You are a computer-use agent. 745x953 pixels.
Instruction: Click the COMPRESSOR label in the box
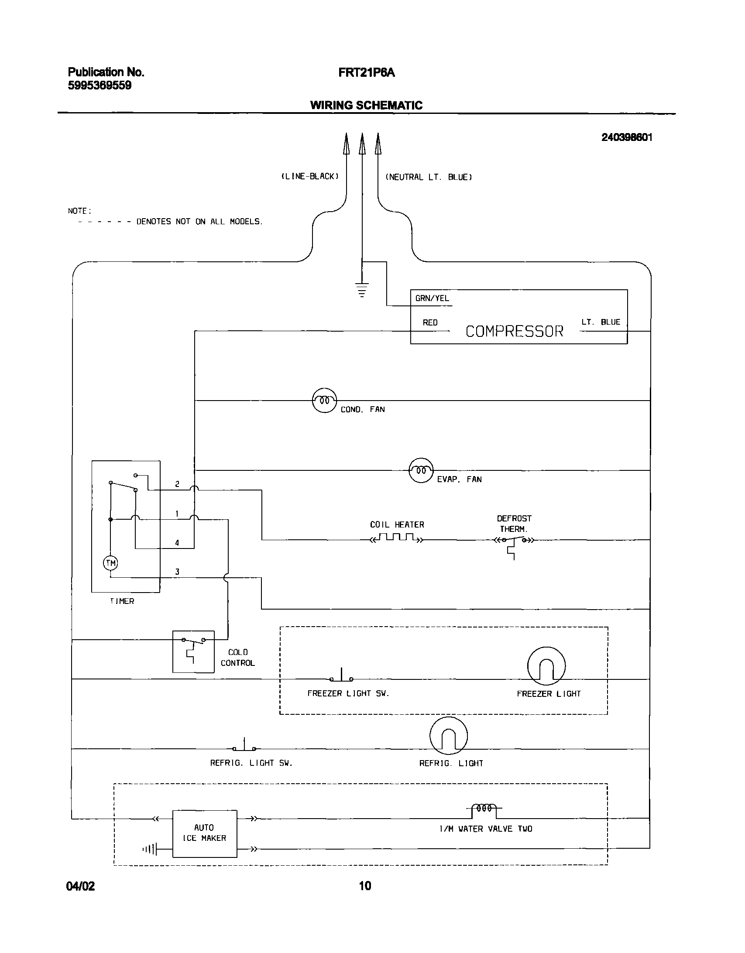(x=514, y=332)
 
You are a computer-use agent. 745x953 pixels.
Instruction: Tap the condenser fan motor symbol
(x=325, y=400)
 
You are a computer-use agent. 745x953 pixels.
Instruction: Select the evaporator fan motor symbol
(x=421, y=470)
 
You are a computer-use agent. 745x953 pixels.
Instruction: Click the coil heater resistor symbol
(x=396, y=538)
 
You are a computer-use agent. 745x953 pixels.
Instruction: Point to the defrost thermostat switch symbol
(x=514, y=541)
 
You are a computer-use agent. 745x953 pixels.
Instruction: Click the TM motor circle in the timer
(x=111, y=563)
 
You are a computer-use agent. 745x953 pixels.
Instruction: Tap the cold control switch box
(x=193, y=651)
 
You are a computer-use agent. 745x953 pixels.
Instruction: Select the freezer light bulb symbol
(x=546, y=666)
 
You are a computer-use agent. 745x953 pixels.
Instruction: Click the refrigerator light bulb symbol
(x=448, y=736)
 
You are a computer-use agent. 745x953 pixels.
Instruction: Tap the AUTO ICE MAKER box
(x=205, y=834)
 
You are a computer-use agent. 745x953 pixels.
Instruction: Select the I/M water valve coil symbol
(x=484, y=808)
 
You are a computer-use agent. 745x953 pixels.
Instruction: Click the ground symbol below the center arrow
(x=362, y=289)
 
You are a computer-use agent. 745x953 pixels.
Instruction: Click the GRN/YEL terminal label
(x=432, y=298)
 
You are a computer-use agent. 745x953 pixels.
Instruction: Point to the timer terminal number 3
(x=177, y=572)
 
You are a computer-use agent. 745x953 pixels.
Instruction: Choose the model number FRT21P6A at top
(x=366, y=72)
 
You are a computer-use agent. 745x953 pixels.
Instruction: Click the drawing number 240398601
(x=626, y=137)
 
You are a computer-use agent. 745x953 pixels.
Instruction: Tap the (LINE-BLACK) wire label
(x=309, y=177)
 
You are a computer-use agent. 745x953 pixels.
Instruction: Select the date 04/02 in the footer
(x=80, y=886)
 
